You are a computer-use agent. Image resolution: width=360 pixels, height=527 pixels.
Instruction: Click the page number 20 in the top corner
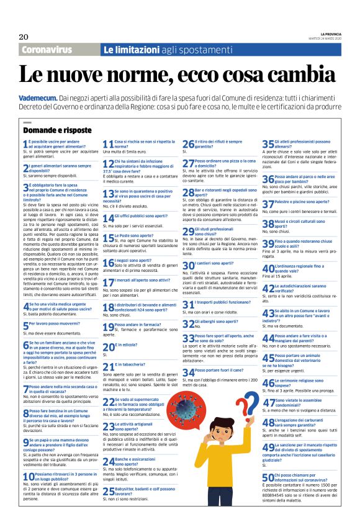tap(24, 37)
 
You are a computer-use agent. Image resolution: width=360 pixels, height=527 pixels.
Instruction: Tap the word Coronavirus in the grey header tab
tap(49, 50)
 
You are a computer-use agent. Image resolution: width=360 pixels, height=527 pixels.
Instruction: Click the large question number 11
tap(107, 144)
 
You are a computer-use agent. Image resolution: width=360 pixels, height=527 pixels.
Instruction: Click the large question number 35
tap(268, 144)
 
